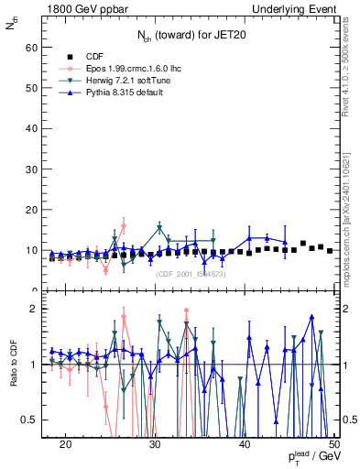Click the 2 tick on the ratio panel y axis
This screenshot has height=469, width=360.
coord(37,309)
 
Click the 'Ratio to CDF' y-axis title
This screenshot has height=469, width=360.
coord(13,365)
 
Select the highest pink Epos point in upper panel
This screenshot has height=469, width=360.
coord(124,225)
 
